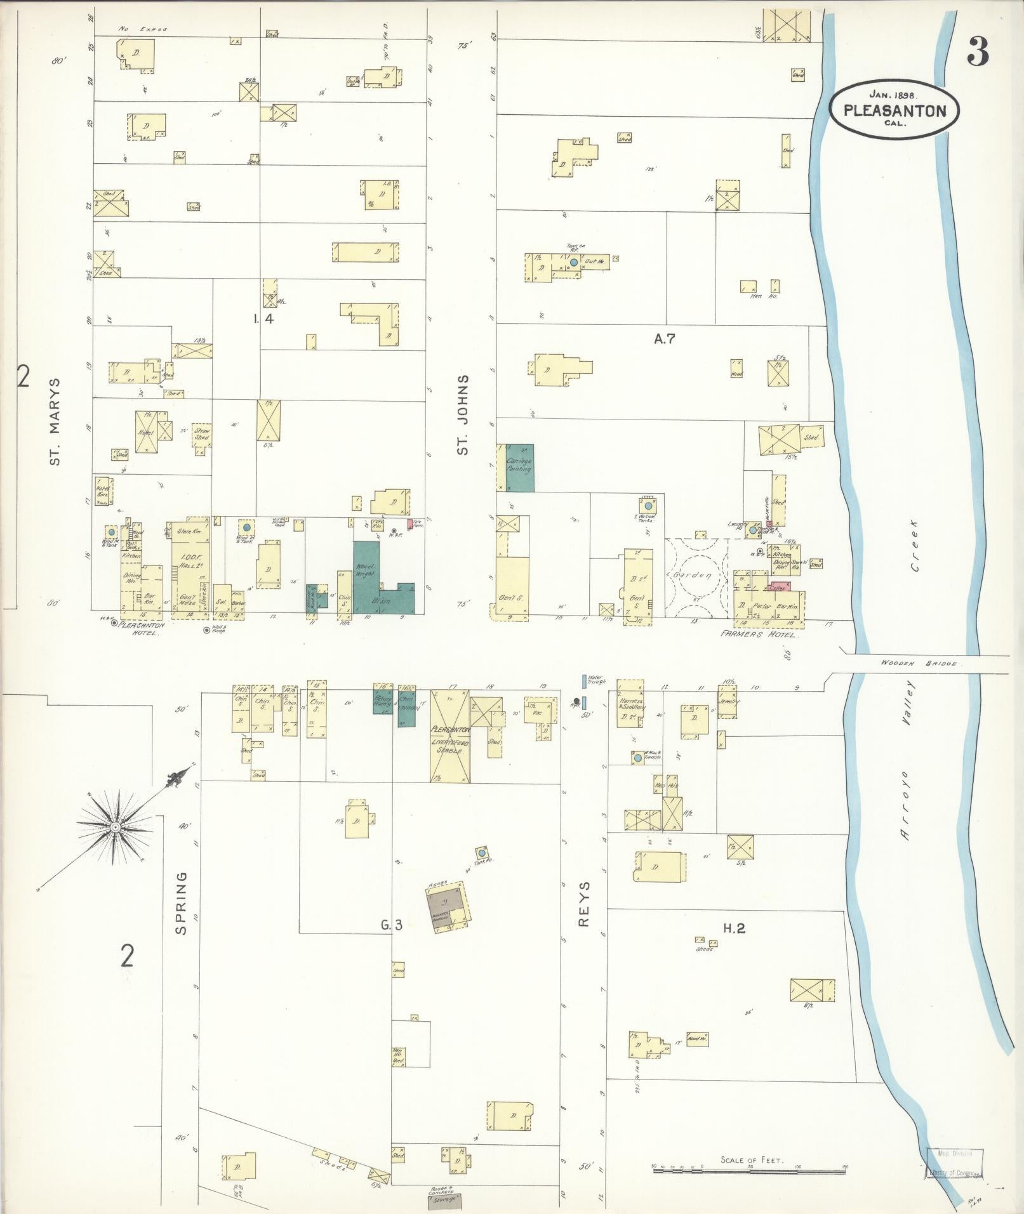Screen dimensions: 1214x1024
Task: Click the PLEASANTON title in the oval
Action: point(894,110)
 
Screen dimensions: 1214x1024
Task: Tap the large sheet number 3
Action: point(978,52)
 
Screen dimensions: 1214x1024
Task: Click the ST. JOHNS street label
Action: point(463,414)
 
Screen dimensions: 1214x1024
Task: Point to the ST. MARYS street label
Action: point(55,421)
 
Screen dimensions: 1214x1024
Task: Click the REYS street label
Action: point(585,903)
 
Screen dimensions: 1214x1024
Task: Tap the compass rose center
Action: point(116,828)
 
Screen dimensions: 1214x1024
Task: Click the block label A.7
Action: point(664,339)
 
